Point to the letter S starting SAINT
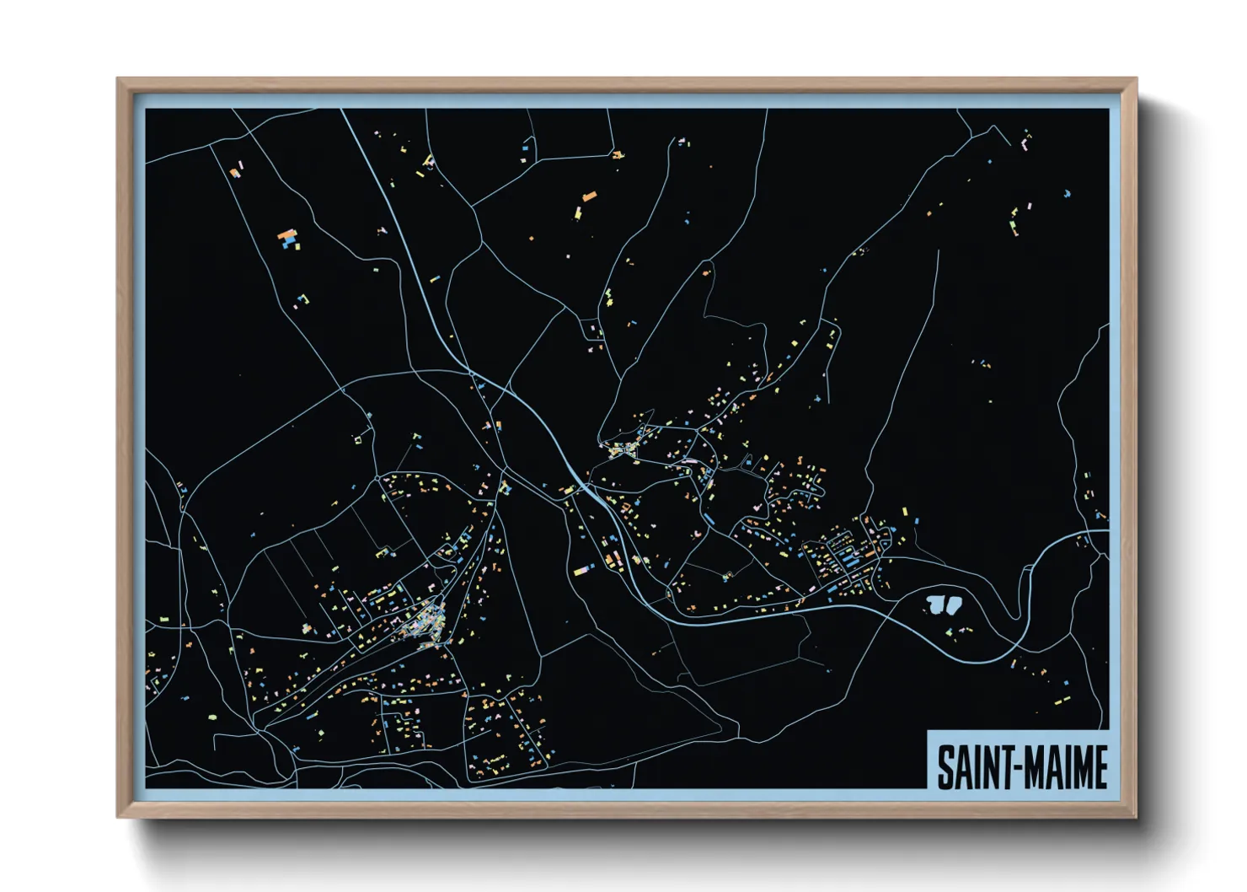(x=945, y=767)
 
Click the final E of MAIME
(x=1100, y=767)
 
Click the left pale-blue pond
(x=934, y=604)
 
